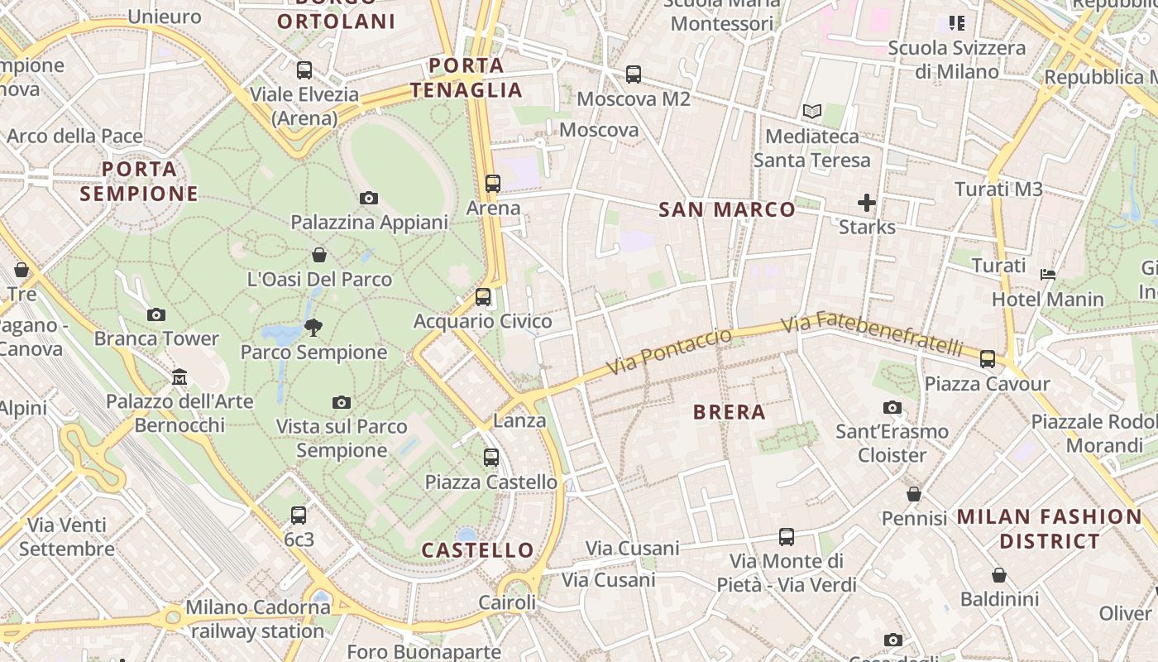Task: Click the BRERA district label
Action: pyautogui.click(x=729, y=411)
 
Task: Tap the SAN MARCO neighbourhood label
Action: pyautogui.click(x=727, y=209)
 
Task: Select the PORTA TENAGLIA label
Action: pyautogui.click(x=467, y=78)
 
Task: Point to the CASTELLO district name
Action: pyautogui.click(x=478, y=550)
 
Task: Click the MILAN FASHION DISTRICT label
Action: pyautogui.click(x=1050, y=529)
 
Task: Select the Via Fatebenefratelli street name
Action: pyautogui.click(x=872, y=332)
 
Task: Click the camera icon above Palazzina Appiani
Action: pyautogui.click(x=369, y=198)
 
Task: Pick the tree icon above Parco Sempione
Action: pyautogui.click(x=313, y=328)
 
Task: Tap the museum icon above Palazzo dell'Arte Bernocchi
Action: pyautogui.click(x=179, y=377)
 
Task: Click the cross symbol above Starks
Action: pyautogui.click(x=867, y=202)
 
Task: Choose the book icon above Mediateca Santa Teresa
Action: pyautogui.click(x=812, y=111)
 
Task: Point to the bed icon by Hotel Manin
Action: pyautogui.click(x=1048, y=274)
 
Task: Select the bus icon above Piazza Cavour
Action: pyautogui.click(x=987, y=359)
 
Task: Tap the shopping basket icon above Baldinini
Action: pyautogui.click(x=999, y=574)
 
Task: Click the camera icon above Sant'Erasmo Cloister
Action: pyautogui.click(x=892, y=407)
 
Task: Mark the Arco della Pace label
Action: pyautogui.click(x=75, y=136)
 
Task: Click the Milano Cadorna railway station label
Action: pyautogui.click(x=257, y=619)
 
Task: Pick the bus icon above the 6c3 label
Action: pyautogui.click(x=299, y=515)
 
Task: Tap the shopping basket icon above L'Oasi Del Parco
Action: pyautogui.click(x=319, y=255)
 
